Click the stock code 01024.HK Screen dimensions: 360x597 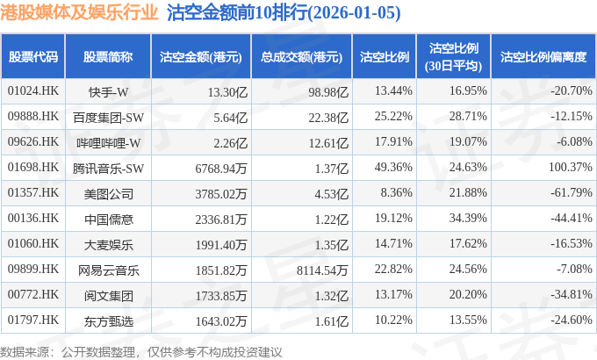[x=33, y=91]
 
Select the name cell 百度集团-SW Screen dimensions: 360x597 [x=109, y=117]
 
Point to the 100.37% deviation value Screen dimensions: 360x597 [x=568, y=166]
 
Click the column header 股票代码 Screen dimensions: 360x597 [x=33, y=56]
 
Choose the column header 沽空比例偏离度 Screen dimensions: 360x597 [x=543, y=56]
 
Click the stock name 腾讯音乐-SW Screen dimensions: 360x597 [x=109, y=166]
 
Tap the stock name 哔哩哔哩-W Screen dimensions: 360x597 [x=109, y=141]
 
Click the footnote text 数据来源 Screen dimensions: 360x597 [x=26, y=351]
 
